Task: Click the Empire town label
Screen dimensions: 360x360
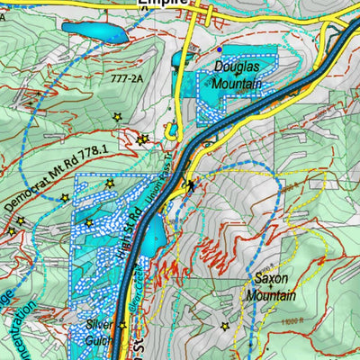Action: coord(163,4)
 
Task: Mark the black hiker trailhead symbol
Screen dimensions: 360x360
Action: coord(190,185)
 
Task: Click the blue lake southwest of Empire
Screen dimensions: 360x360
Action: coord(94,33)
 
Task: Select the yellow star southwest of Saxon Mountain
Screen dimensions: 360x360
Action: coord(224,326)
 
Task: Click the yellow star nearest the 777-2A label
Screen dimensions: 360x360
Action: coord(117,117)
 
